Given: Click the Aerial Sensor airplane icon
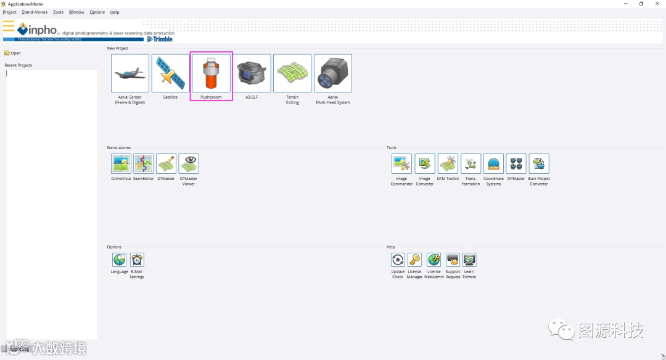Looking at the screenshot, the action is (x=130, y=73).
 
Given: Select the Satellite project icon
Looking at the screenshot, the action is (x=170, y=73).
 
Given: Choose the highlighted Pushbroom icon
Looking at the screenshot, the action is (x=211, y=73).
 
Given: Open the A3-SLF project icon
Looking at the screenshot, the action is (x=252, y=73).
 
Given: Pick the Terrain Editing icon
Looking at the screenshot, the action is (x=292, y=73).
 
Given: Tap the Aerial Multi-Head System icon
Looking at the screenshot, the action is (x=333, y=73).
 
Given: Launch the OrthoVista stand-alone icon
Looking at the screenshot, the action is (x=121, y=163).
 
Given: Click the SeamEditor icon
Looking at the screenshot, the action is (x=144, y=163).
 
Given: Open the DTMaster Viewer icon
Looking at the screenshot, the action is (x=189, y=163).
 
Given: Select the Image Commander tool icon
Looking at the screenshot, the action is (x=401, y=163).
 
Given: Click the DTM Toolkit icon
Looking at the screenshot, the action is (x=448, y=163).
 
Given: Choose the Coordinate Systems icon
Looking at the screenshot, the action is (x=493, y=163).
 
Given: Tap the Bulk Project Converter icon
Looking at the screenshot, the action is (x=539, y=163).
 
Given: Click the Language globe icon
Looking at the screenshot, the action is (x=119, y=260).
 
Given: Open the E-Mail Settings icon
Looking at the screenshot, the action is (x=137, y=260).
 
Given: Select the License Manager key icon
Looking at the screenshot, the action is (x=414, y=260).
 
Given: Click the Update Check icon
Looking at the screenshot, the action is (x=398, y=260).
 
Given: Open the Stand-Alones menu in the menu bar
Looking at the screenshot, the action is (x=35, y=12).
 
